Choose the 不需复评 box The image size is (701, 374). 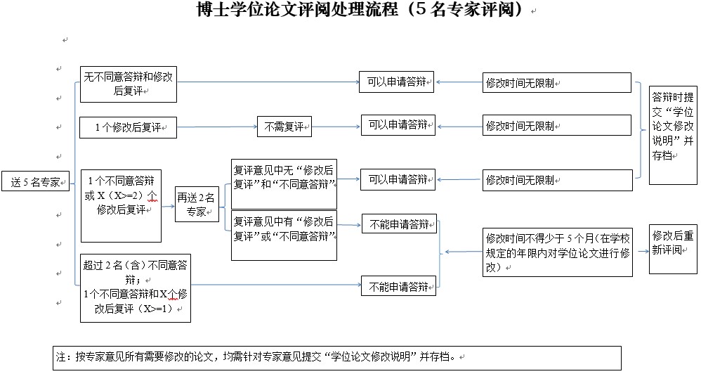pyautogui.click(x=284, y=127)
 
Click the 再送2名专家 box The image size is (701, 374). pyautogui.click(x=197, y=205)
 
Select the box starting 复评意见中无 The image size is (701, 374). pyautogui.click(x=284, y=178)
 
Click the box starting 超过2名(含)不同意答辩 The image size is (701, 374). pyautogui.click(x=135, y=288)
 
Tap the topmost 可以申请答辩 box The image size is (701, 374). pyautogui.click(x=396, y=82)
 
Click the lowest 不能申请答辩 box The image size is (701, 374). pyautogui.click(x=399, y=286)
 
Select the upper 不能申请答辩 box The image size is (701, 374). pyautogui.click(x=399, y=224)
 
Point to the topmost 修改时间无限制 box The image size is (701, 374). pyautogui.click(x=557, y=82)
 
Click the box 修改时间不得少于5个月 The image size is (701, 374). pyautogui.click(x=557, y=252)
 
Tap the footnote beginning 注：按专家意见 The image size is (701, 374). pyautogui.click(x=337, y=357)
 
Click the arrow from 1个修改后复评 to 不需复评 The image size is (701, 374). pyautogui.click(x=216, y=128)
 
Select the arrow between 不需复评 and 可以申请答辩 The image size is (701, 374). pyautogui.click(x=336, y=127)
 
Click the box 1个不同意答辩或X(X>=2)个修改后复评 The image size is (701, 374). pyautogui.click(x=122, y=205)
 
